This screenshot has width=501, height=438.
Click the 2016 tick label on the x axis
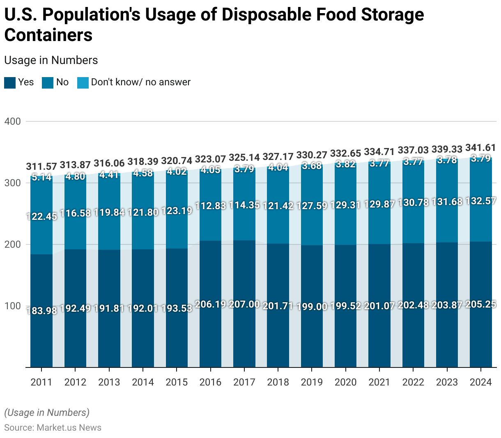(x=210, y=382)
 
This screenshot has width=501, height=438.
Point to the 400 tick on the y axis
(x=12, y=121)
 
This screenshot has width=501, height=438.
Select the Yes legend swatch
(x=10, y=82)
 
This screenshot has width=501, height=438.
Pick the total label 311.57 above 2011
(x=41, y=167)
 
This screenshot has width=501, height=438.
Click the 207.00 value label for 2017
(x=244, y=304)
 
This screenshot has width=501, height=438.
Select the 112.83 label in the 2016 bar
(x=210, y=206)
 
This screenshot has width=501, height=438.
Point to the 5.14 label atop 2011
(x=41, y=177)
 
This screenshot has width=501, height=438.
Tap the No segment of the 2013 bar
(x=109, y=230)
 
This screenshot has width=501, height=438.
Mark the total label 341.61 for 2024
(x=480, y=148)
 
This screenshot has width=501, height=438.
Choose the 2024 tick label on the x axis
(x=480, y=382)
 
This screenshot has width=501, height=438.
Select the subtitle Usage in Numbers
(x=51, y=60)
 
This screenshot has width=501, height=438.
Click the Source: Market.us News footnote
(x=53, y=428)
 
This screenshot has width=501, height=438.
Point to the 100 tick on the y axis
(x=12, y=306)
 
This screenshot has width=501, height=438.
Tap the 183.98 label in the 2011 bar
(x=41, y=310)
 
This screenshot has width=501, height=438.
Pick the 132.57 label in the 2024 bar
(x=480, y=201)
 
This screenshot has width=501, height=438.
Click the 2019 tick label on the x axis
(x=312, y=382)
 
